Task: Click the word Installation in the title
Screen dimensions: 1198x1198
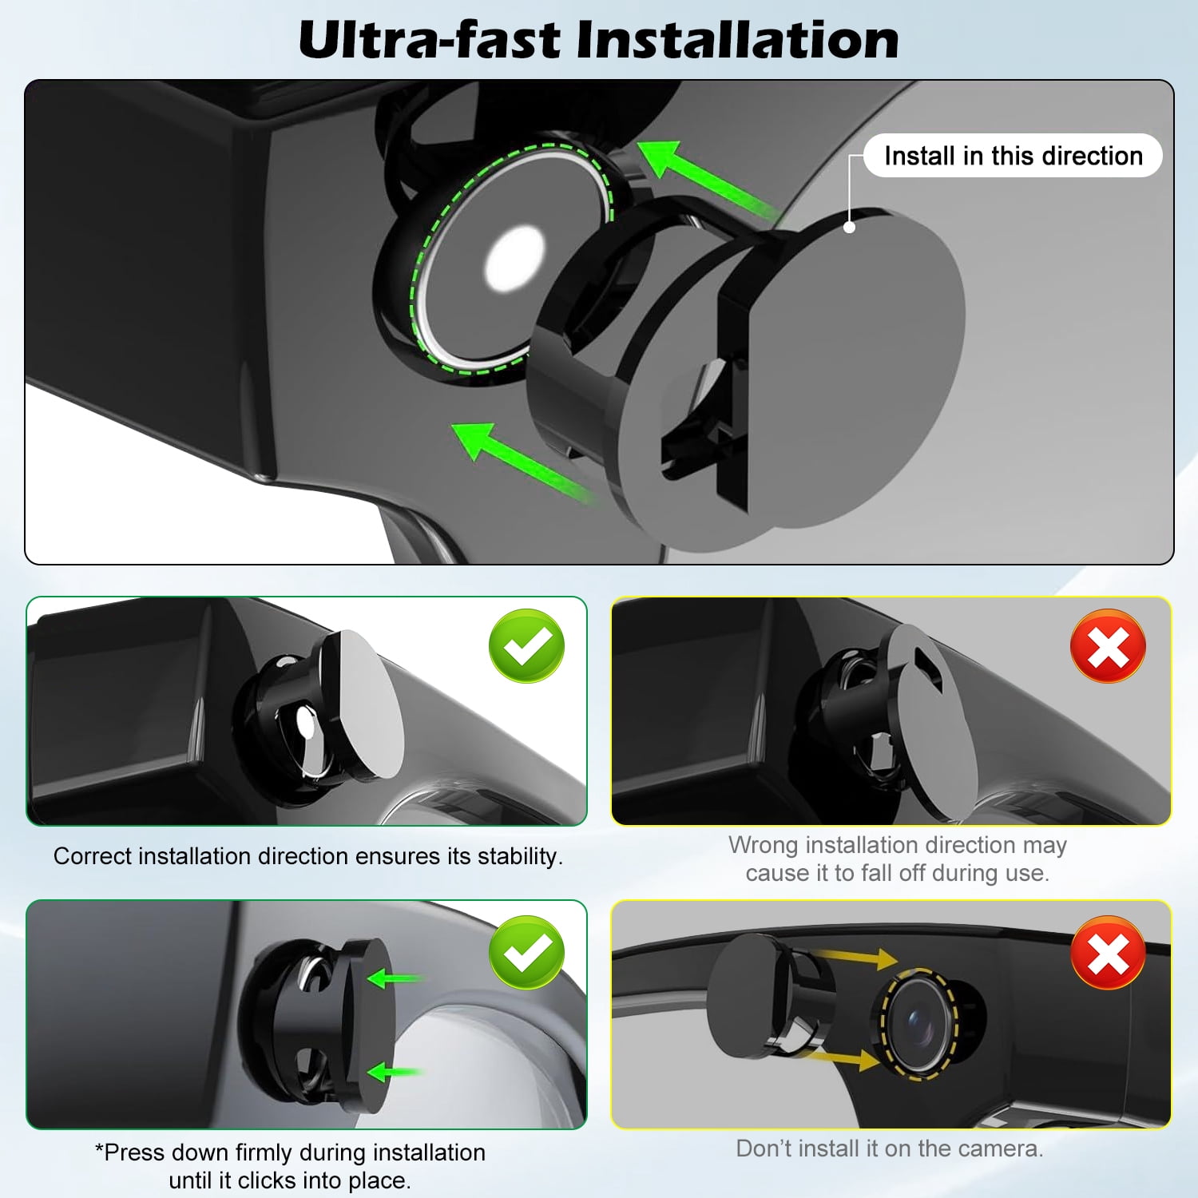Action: click(x=738, y=40)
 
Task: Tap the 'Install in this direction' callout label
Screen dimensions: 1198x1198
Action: click(x=1014, y=155)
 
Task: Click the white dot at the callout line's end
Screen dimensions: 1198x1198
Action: click(x=850, y=227)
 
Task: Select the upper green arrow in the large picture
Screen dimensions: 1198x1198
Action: click(x=708, y=180)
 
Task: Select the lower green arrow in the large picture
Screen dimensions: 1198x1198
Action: click(x=523, y=463)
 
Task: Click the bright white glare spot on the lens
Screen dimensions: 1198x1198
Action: click(x=514, y=258)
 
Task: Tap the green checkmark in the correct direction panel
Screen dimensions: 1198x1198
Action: click(x=527, y=645)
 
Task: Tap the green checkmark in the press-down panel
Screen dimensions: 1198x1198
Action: click(x=527, y=952)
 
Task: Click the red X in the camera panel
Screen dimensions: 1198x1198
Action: click(x=1109, y=952)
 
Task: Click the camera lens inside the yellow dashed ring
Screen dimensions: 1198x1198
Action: click(x=922, y=1023)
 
